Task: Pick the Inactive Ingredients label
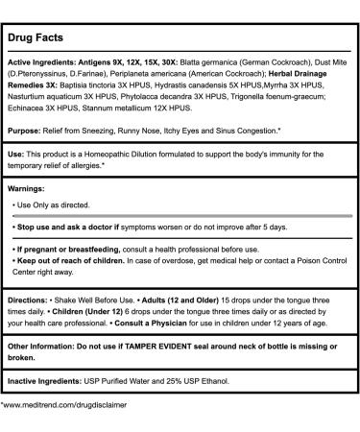60,406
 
